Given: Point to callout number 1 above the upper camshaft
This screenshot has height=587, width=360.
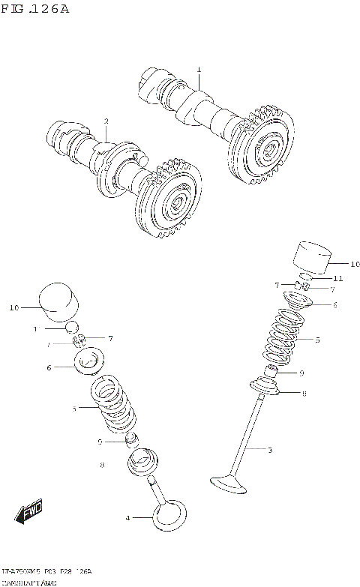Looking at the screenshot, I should click(x=199, y=70).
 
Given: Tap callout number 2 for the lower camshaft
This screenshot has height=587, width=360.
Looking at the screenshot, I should click(x=106, y=121).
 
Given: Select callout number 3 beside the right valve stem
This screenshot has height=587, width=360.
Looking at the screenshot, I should click(x=269, y=450).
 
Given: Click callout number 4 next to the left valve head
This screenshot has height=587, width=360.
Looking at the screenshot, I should click(x=127, y=518).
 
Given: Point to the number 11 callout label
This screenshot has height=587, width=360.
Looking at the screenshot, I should click(x=338, y=278).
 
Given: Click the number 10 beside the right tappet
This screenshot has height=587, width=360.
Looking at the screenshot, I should click(x=354, y=264).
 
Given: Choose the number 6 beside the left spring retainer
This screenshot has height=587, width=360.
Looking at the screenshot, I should click(x=49, y=368).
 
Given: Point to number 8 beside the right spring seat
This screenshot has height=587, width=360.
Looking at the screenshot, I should click(x=304, y=393).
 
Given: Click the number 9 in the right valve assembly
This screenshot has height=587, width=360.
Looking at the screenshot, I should click(x=301, y=373).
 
